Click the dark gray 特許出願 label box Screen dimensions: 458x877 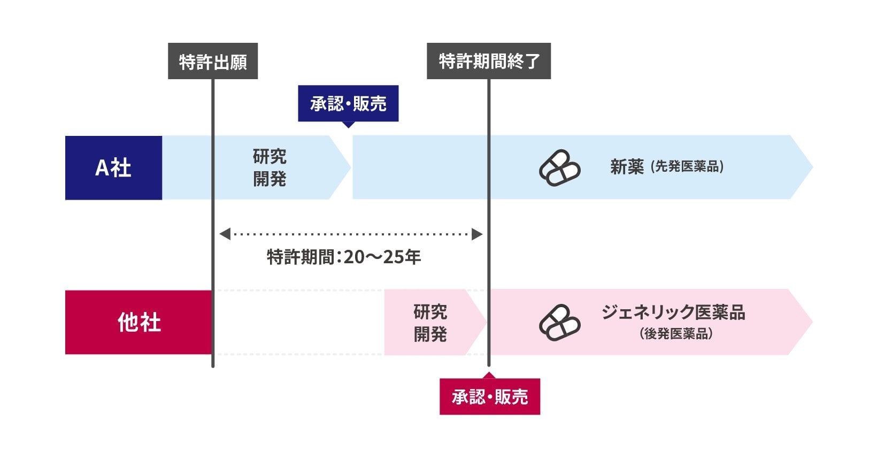pos(213,62)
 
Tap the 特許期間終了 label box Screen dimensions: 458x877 pos(488,62)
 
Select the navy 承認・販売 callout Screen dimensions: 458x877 pos(348,103)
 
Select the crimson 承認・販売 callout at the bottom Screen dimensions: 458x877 pos(490,397)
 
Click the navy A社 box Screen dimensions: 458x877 pos(113,168)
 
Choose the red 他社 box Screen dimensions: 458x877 pos(139,322)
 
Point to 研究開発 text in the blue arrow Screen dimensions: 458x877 pos(270,167)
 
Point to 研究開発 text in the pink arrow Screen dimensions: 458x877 pos(430,323)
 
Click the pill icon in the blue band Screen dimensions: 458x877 pos(559,168)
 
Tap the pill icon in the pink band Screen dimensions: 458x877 pos(559,323)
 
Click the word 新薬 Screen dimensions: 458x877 pos(627,167)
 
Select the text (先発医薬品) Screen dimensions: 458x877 pos(687,167)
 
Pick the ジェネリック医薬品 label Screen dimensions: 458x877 pos(673,312)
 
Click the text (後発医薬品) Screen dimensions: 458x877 pos(676,334)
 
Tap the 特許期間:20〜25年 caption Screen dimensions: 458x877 pos(344,257)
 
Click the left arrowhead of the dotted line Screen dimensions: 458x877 pos(225,234)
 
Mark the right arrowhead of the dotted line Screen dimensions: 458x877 pos(477,234)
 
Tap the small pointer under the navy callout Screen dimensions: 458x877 pos(348,125)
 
